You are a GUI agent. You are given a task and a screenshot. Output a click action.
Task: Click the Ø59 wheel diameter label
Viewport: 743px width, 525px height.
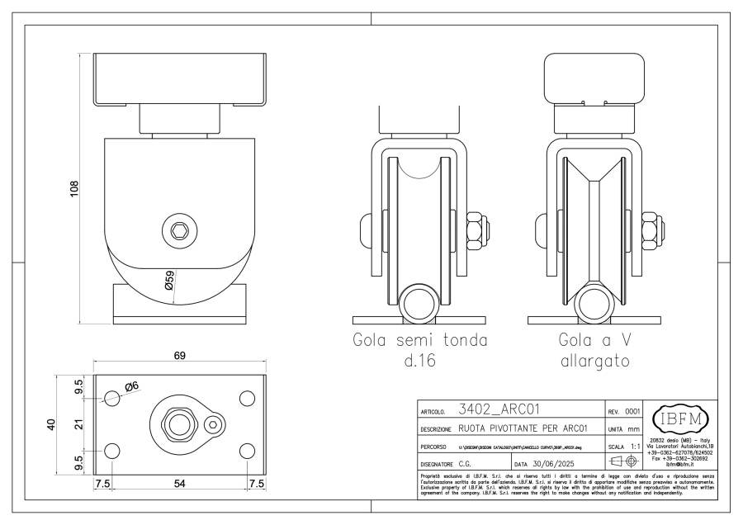click(x=168, y=281)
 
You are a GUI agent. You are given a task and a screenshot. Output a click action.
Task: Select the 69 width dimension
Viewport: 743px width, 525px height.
click(x=179, y=355)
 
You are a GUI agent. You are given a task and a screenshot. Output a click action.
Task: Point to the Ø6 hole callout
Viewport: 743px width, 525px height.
click(x=131, y=387)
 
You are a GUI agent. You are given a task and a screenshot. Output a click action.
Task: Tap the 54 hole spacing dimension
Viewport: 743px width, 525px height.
click(x=179, y=484)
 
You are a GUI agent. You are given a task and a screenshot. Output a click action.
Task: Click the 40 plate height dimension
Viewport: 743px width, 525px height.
click(x=51, y=425)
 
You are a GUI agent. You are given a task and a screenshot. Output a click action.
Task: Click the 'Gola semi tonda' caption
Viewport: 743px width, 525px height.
click(x=419, y=339)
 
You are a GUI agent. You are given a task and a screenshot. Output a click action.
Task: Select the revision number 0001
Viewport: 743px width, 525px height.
click(x=632, y=410)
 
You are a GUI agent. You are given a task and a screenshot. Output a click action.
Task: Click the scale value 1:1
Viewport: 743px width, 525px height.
click(x=634, y=447)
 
